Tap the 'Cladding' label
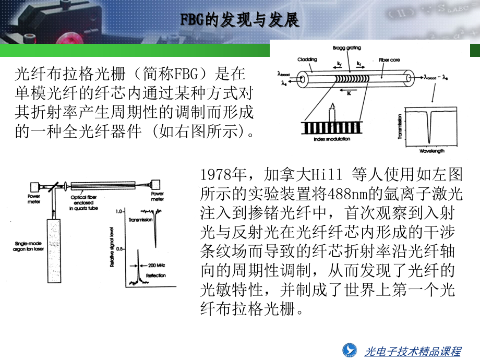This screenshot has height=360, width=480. (307, 59)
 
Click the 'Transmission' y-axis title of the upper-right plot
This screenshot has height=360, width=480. (401, 126)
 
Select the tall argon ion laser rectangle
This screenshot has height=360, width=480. (54, 247)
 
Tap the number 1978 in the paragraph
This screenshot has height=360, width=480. (215, 174)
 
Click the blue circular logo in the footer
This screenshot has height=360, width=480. (349, 350)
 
